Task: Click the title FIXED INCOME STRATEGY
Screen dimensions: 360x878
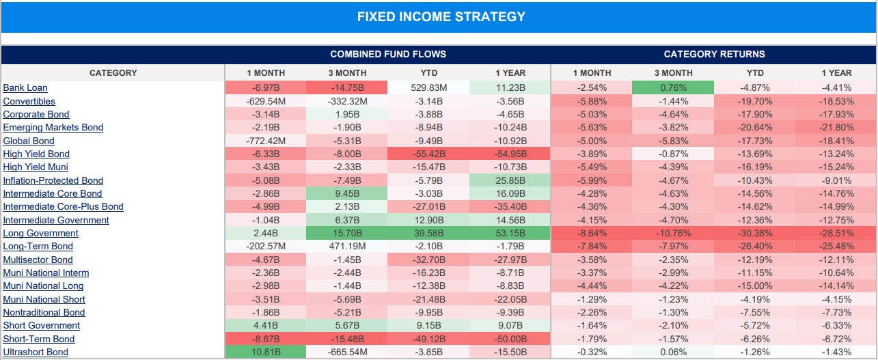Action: [441, 16]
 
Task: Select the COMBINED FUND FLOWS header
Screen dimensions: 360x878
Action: [387, 54]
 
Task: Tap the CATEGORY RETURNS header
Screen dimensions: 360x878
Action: [714, 54]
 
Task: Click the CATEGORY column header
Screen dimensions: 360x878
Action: [113, 73]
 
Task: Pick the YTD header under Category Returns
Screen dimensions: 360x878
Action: [755, 73]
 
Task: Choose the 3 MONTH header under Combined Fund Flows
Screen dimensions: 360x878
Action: [347, 73]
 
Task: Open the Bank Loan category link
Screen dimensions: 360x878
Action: [25, 88]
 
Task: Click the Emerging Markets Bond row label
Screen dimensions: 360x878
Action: [53, 128]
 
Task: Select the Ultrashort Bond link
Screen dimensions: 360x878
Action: [36, 352]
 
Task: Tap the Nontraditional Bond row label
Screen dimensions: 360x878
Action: [44, 313]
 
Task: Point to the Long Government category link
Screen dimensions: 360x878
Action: [40, 234]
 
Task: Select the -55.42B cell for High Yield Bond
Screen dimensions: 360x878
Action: [428, 154]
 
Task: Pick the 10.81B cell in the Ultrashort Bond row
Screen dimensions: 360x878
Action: [265, 352]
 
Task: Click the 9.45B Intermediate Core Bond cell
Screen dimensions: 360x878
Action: [347, 194]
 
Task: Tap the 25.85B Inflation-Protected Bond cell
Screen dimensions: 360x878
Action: [510, 181]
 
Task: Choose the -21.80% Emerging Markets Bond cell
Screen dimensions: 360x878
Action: [836, 128]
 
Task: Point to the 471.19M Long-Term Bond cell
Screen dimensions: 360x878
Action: [347, 247]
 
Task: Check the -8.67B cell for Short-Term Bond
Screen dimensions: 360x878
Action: [265, 340]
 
